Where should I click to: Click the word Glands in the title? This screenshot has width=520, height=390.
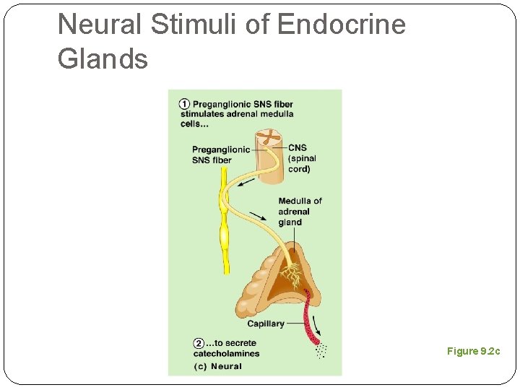click(103, 58)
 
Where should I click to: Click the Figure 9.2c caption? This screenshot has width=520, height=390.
click(473, 351)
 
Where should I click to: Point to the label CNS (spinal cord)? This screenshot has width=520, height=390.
click(301, 159)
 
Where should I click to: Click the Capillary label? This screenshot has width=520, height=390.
click(265, 324)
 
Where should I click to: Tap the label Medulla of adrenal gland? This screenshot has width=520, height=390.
click(299, 211)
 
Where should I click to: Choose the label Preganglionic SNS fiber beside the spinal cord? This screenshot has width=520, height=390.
click(221, 155)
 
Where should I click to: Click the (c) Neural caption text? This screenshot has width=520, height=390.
click(217, 366)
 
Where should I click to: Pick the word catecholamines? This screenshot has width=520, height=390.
click(226, 353)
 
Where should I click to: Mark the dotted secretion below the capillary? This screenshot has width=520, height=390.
click(321, 352)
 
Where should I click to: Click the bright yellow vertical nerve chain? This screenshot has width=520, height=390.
click(225, 224)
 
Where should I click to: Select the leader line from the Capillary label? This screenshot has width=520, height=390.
click(296, 324)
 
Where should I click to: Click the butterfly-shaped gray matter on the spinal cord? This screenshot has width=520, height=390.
click(270, 136)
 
